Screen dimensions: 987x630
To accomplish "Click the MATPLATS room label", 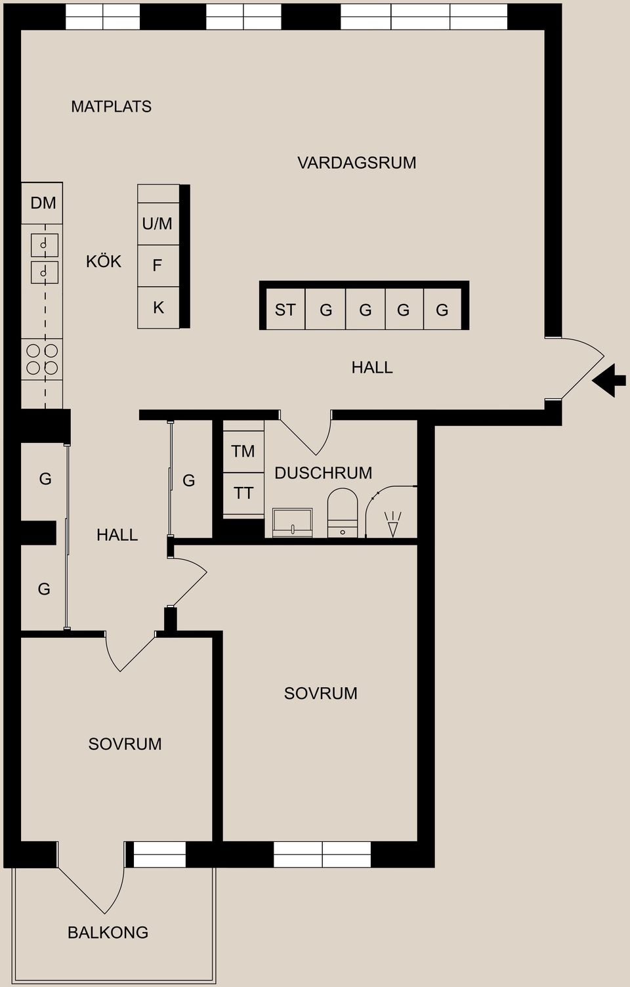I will [x=111, y=106].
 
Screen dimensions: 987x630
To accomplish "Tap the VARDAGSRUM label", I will [x=356, y=163].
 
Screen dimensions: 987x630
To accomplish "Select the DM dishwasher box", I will [x=43, y=203].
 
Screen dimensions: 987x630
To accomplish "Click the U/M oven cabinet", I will [x=157, y=224].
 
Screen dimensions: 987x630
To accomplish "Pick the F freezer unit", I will [x=157, y=266].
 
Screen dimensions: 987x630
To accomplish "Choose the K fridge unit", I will [x=158, y=307].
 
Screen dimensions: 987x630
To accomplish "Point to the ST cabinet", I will [x=285, y=310].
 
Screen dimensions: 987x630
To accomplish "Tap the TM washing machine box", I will [x=243, y=451].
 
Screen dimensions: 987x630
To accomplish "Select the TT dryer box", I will [x=243, y=493].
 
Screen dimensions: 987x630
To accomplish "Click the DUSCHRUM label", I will [x=323, y=472].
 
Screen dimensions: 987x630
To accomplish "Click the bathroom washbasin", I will [x=293, y=522].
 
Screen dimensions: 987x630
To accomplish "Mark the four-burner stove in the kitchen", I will [x=42, y=360].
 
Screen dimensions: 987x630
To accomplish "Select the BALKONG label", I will [x=108, y=932].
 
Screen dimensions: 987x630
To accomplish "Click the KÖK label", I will [x=104, y=261].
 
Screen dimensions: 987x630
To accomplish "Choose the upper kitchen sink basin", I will [x=44, y=245].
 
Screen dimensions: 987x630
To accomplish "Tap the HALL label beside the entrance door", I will [x=371, y=367].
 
